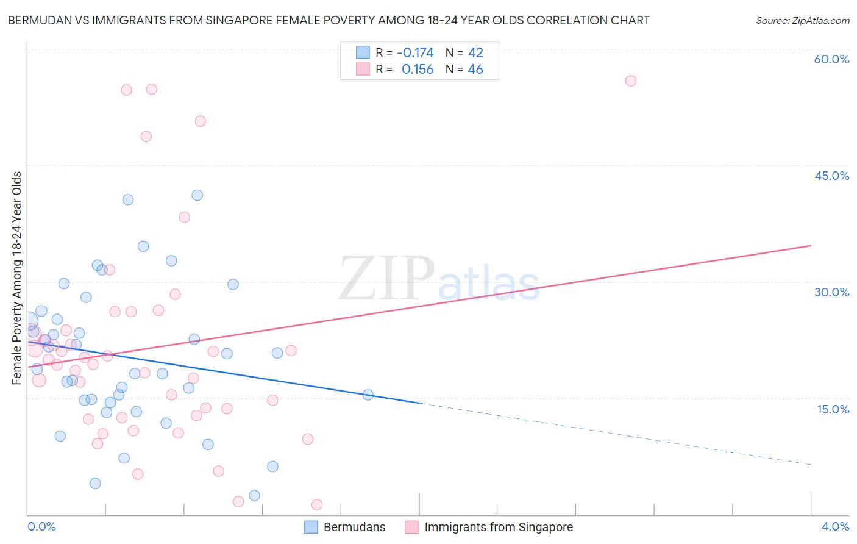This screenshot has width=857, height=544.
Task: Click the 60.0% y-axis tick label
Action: (x=831, y=59)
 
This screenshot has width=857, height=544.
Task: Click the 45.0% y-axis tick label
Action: (x=831, y=176)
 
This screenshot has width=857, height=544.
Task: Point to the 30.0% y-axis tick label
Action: (x=831, y=292)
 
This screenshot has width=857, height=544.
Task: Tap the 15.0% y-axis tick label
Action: (x=833, y=409)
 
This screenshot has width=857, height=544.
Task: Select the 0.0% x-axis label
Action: (x=41, y=526)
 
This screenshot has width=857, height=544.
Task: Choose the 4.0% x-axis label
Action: (x=835, y=526)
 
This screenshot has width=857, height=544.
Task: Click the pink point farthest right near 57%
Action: (x=631, y=81)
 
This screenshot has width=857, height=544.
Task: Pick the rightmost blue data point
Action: (x=368, y=395)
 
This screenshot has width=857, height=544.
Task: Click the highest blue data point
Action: (x=197, y=195)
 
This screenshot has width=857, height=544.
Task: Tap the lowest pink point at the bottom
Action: (x=317, y=504)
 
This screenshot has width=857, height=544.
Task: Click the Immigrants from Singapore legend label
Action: (x=498, y=527)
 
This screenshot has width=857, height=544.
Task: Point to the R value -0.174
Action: (x=414, y=52)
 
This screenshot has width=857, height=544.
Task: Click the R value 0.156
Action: (x=417, y=70)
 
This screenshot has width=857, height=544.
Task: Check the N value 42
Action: (x=475, y=52)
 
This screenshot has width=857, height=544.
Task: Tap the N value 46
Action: (x=475, y=70)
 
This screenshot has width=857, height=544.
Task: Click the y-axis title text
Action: (x=16, y=278)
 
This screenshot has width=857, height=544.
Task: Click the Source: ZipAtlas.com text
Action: (x=802, y=20)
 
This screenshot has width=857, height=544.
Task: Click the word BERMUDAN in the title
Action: (x=38, y=20)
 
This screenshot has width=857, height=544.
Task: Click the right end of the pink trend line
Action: (x=811, y=246)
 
